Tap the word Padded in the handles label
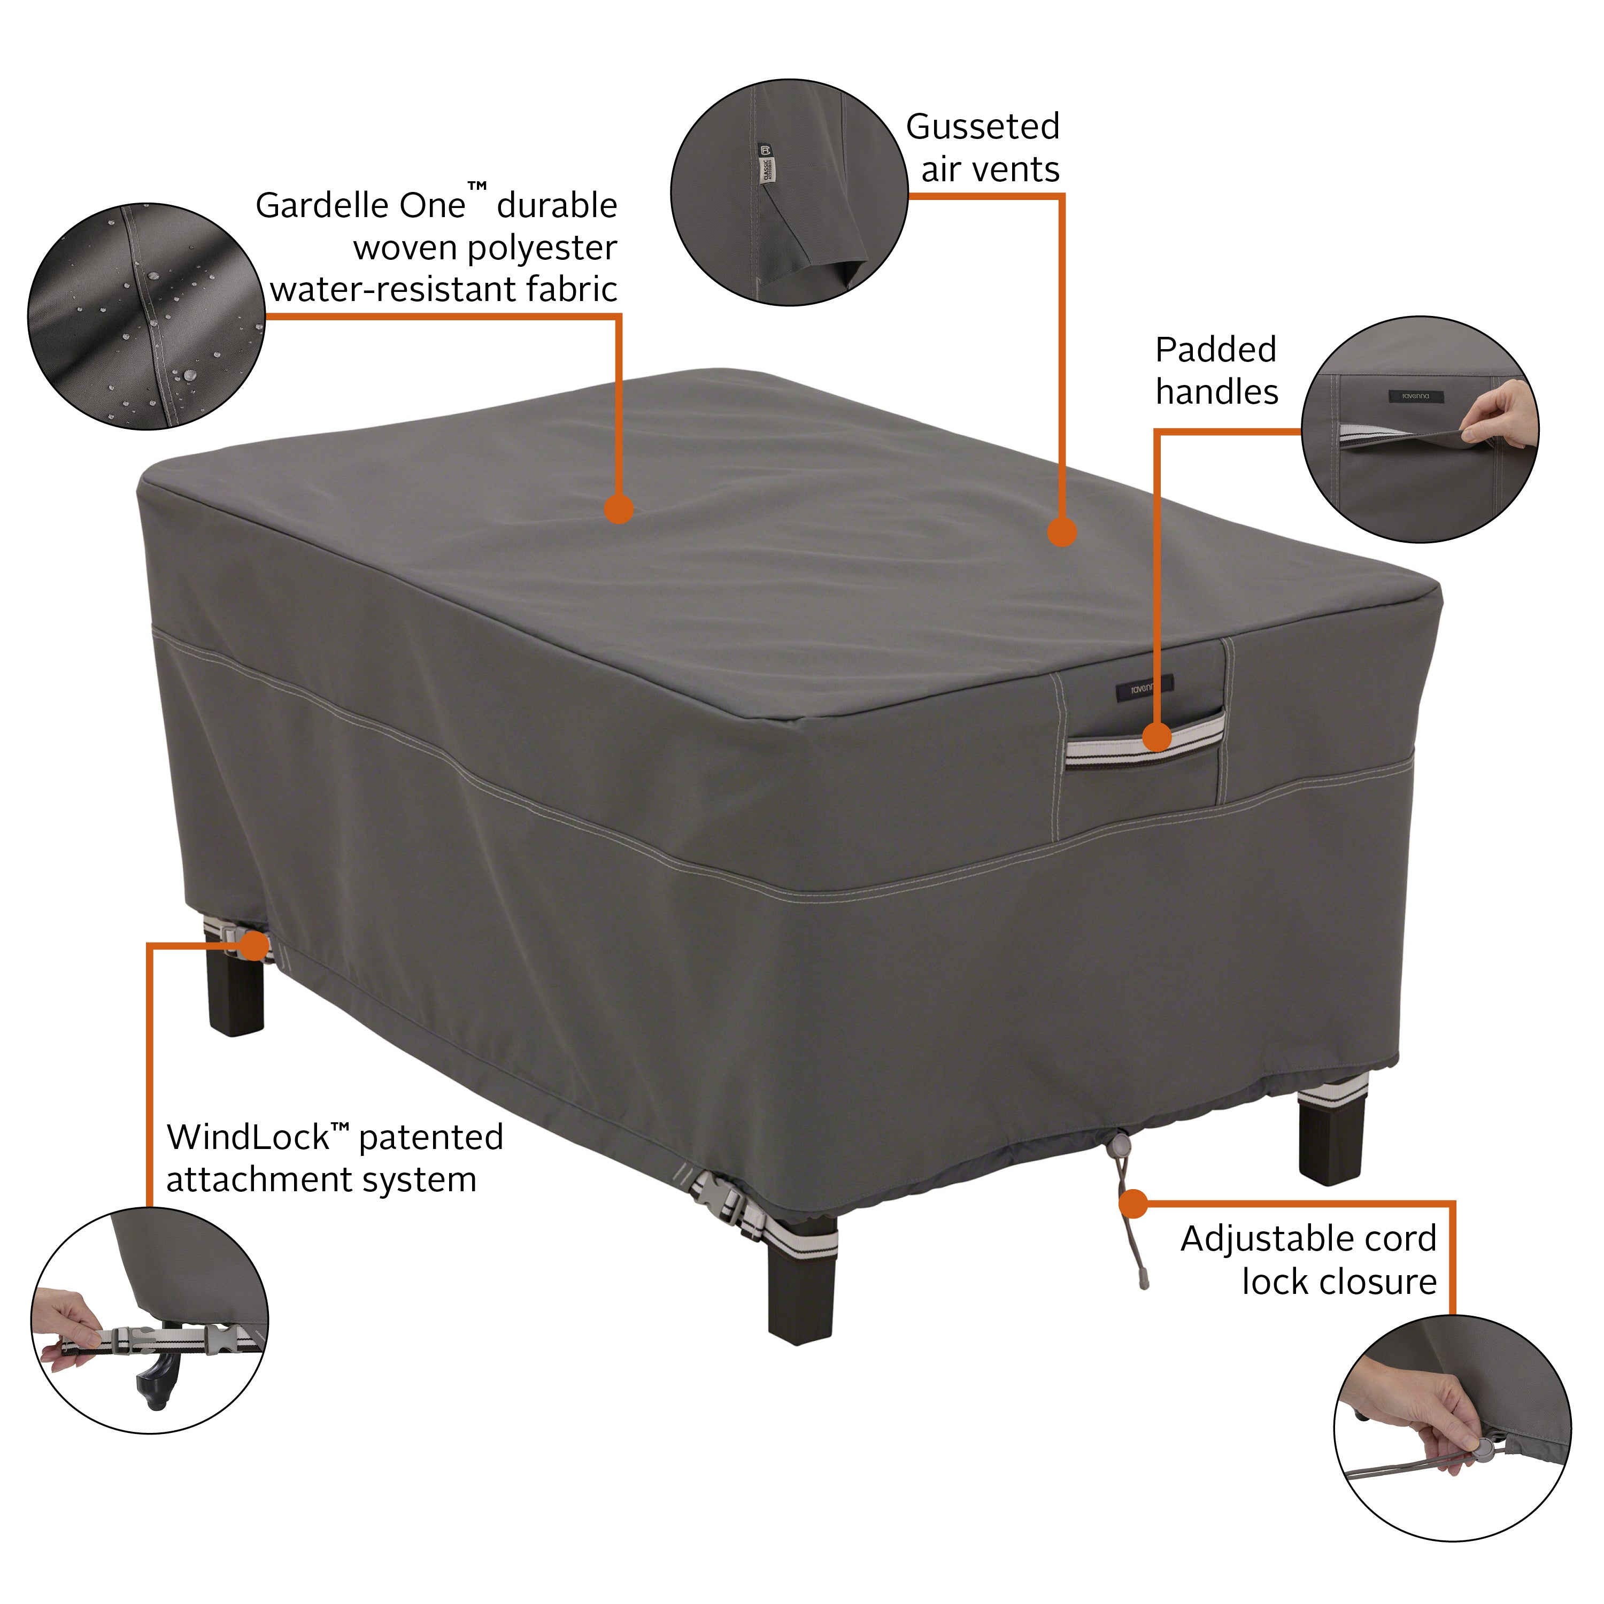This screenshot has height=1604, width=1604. point(1215,350)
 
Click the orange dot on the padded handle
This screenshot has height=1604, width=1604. point(1156,736)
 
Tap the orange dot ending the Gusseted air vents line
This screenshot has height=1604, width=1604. point(1062,532)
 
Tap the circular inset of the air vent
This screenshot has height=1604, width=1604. point(789,192)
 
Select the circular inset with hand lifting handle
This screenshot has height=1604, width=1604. point(1419,429)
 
